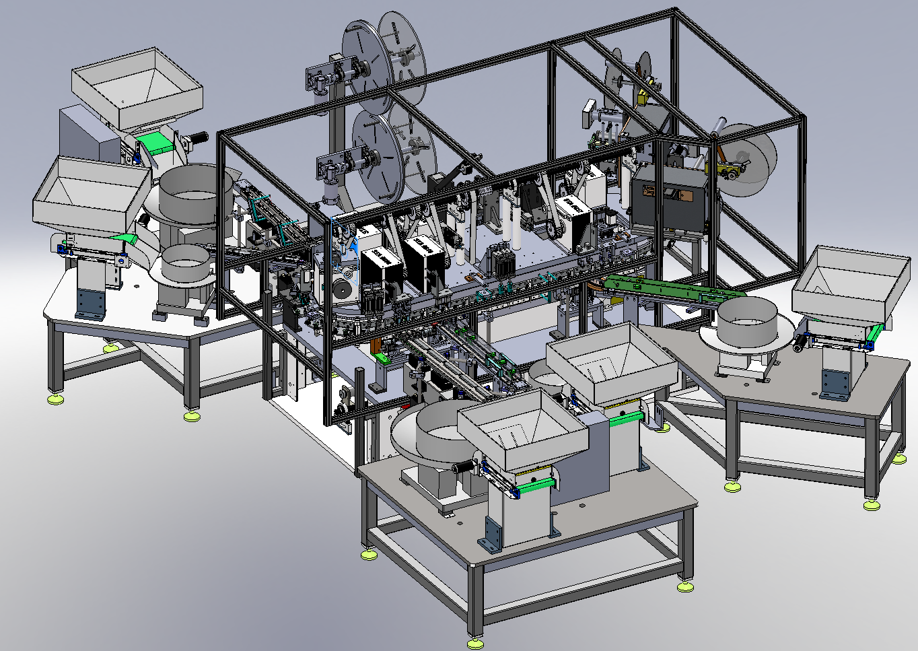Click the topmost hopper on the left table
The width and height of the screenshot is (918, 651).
[x=137, y=88]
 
